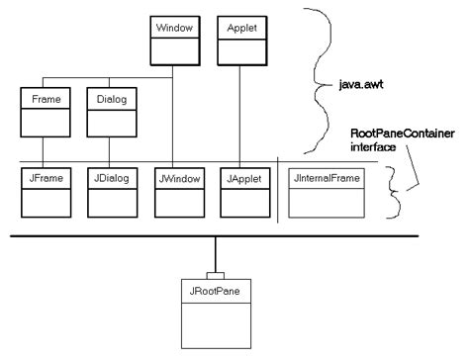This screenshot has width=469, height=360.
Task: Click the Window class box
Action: (174, 38)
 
